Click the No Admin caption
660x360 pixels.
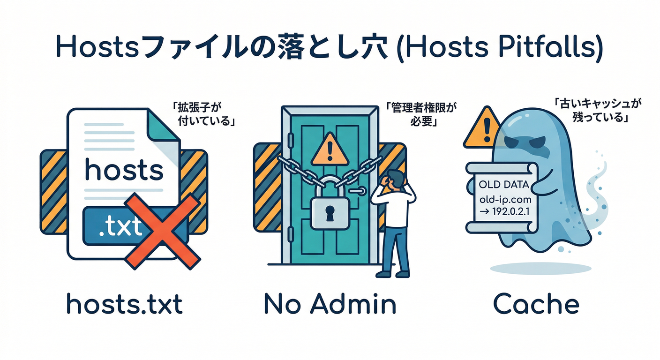[x=330, y=305]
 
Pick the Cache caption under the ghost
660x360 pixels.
[x=536, y=305]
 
